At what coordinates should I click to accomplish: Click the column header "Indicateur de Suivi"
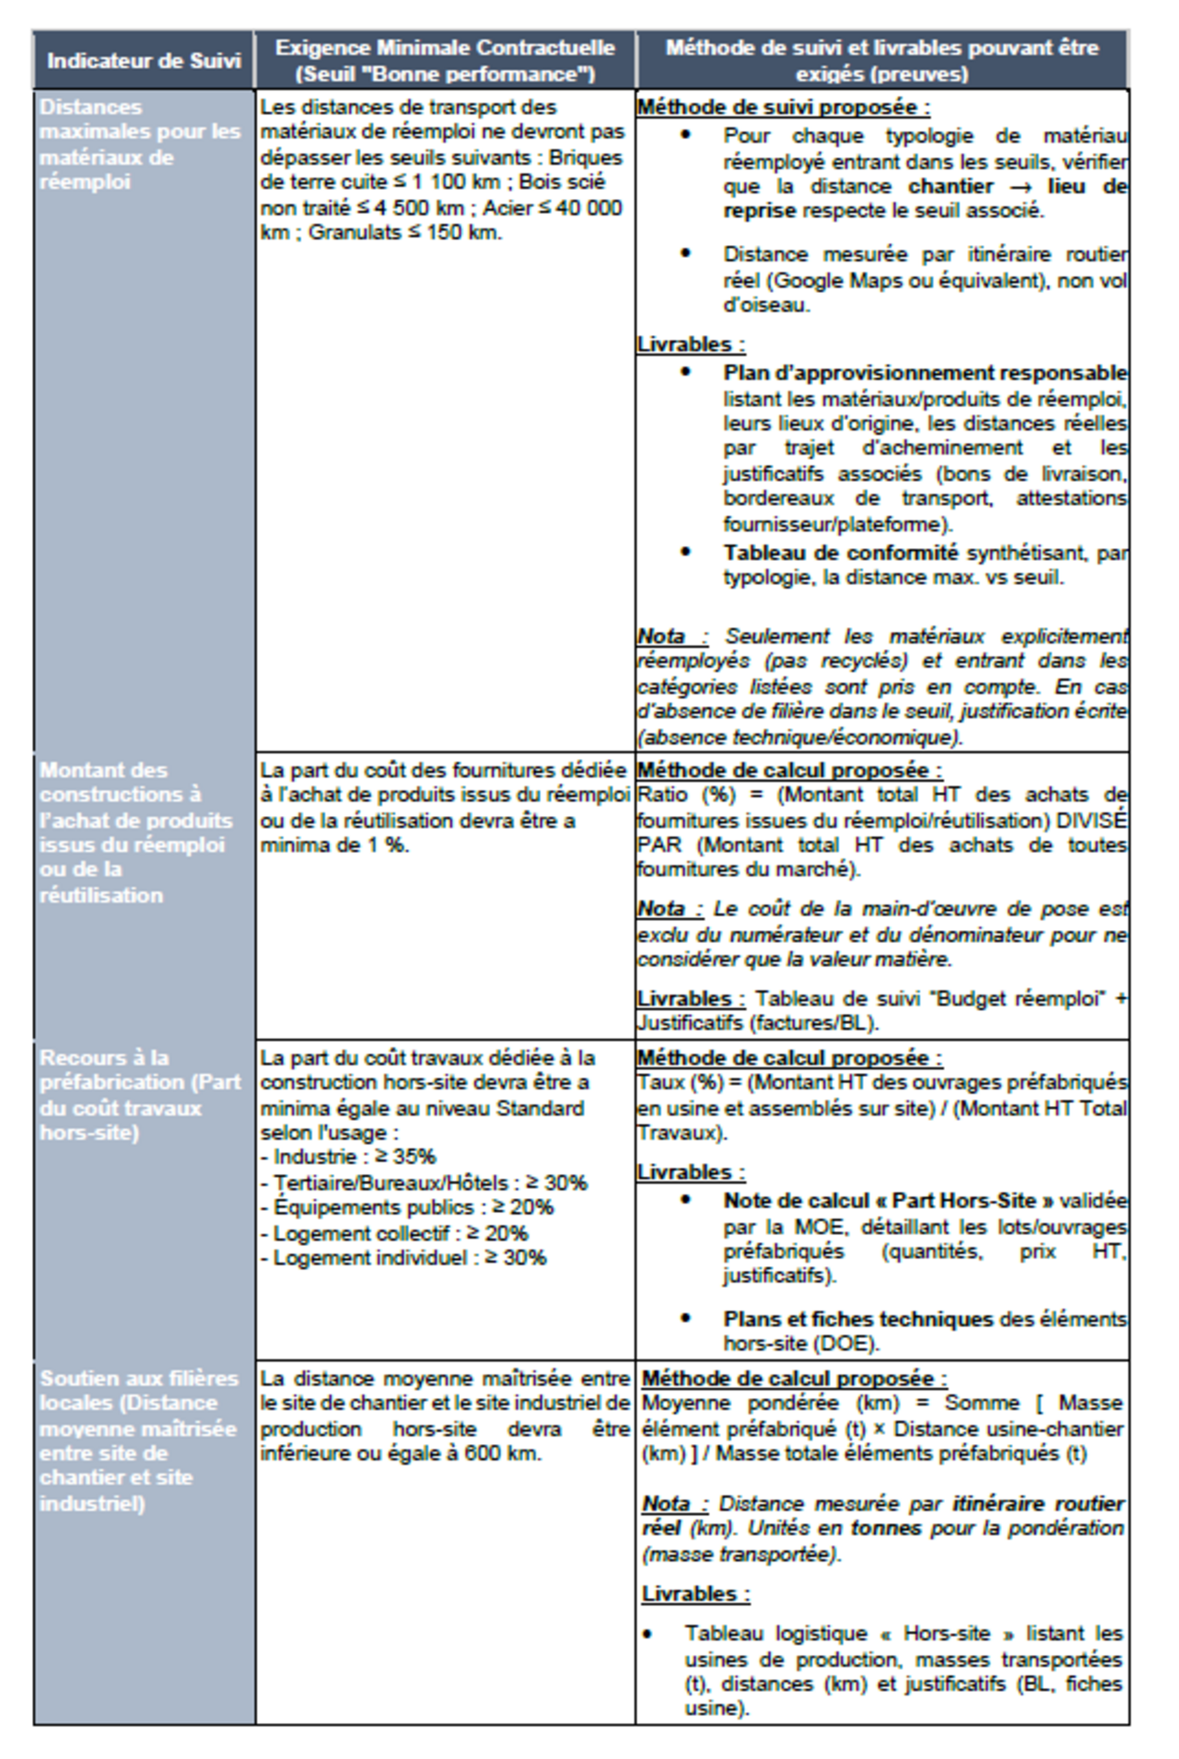pyautogui.click(x=144, y=61)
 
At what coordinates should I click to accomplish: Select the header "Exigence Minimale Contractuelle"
pyautogui.click(x=445, y=48)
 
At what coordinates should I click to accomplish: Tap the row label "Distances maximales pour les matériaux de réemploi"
pyautogui.click(x=139, y=144)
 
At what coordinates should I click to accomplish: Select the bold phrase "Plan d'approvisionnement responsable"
pyautogui.click(x=924, y=373)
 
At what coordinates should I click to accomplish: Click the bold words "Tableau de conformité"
pyautogui.click(x=840, y=553)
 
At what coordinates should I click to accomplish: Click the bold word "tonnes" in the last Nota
pyautogui.click(x=886, y=1528)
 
